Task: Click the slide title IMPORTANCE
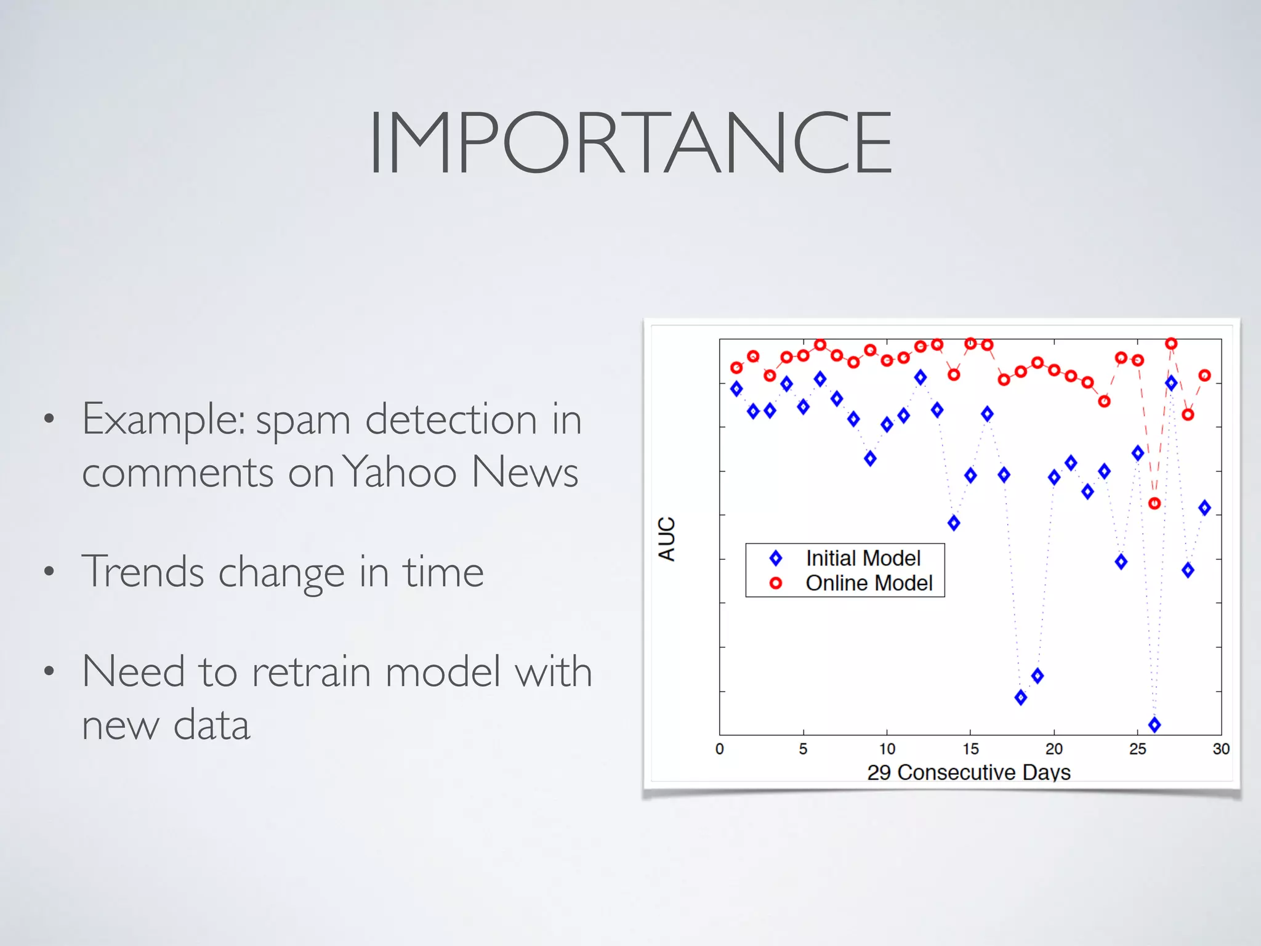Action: click(x=630, y=143)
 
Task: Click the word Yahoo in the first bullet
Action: click(x=399, y=472)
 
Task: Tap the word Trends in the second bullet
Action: click(x=143, y=572)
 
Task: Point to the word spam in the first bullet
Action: click(x=303, y=421)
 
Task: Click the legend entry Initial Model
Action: click(x=863, y=558)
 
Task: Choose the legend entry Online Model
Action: click(x=869, y=583)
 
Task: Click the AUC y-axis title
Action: click(x=667, y=538)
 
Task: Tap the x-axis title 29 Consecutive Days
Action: click(x=969, y=772)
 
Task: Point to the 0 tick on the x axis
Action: click(x=719, y=749)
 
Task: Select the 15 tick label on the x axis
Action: click(x=970, y=749)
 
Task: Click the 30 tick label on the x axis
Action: click(x=1221, y=749)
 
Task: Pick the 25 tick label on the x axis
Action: click(x=1137, y=749)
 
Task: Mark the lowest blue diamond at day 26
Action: click(x=1154, y=724)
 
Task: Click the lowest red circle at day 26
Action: click(x=1154, y=503)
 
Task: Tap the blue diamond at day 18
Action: click(x=1021, y=697)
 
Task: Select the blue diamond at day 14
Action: click(x=954, y=523)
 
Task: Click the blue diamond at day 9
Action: click(x=870, y=458)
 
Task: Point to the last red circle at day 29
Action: click(x=1205, y=375)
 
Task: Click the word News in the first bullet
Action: click(x=525, y=472)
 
